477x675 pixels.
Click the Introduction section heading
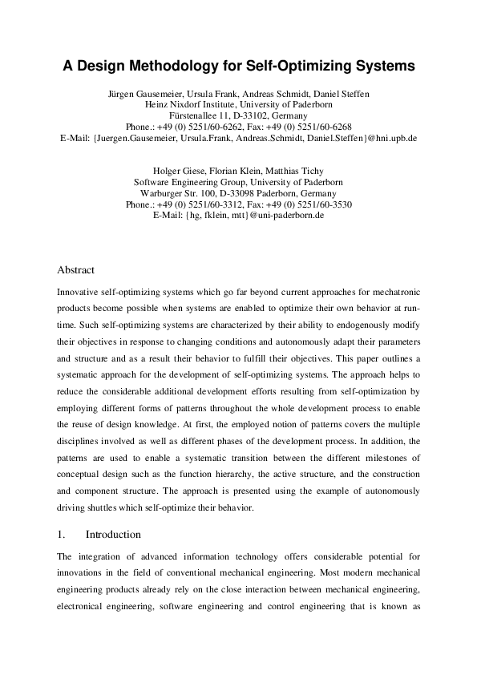pos(113,535)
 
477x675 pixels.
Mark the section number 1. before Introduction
pos(62,535)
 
